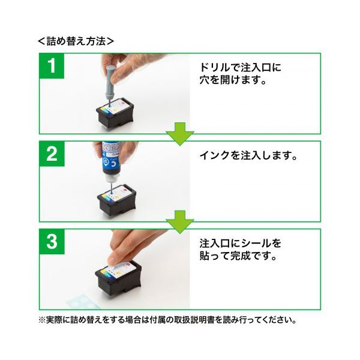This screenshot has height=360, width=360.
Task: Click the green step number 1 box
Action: coord(52,66)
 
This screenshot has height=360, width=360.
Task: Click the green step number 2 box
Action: coord(52,154)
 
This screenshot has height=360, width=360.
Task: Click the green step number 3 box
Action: coord(52,242)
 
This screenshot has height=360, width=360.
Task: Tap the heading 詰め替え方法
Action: coord(76,41)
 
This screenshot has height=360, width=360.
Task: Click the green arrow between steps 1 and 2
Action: coord(180,134)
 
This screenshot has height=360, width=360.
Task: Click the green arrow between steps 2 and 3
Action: coord(180,222)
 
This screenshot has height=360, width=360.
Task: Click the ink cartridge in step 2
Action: coord(117,200)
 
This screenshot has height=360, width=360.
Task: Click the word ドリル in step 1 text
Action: coord(215,67)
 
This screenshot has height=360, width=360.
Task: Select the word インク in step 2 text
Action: coord(215,155)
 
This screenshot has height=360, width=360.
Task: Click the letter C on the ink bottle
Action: coord(113,163)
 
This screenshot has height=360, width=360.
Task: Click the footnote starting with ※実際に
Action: coord(167,320)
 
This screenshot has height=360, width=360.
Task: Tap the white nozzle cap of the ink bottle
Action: coord(112,179)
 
